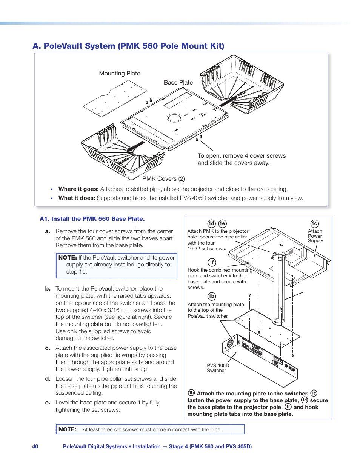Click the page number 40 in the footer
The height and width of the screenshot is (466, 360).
click(35, 446)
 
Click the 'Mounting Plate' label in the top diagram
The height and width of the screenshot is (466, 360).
click(120, 74)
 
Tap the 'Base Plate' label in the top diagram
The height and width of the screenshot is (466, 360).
click(178, 83)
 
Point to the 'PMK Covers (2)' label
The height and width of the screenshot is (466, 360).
click(163, 179)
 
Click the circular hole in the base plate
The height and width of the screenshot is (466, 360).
click(174, 118)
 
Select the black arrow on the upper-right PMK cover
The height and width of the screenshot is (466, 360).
click(228, 101)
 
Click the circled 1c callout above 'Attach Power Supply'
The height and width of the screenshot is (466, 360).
click(314, 224)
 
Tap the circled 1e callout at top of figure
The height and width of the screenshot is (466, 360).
click(222, 224)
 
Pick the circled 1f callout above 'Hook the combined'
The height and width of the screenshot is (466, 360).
click(212, 262)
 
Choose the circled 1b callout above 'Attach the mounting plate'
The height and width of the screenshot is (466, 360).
click(212, 297)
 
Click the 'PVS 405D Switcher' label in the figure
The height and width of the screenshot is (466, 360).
click(218, 368)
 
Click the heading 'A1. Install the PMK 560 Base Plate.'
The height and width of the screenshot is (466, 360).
click(92, 219)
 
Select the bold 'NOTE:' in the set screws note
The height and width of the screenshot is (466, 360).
click(67, 429)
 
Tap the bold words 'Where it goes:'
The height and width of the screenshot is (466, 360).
click(78, 189)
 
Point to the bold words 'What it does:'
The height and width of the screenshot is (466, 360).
click(77, 198)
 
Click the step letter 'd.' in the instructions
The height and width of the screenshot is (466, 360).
click(48, 379)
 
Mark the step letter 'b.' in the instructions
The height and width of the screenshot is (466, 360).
click(48, 289)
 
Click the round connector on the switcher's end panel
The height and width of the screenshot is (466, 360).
click(229, 344)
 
